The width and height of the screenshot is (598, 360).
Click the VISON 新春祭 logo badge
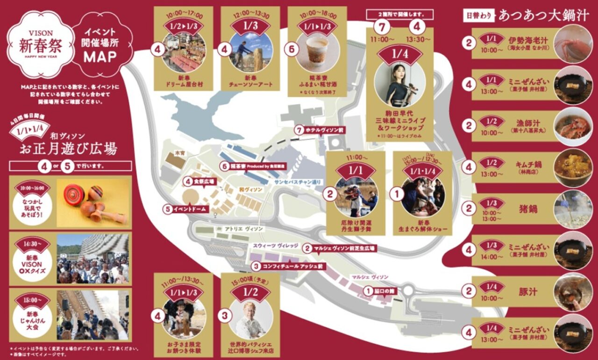coord(40,45)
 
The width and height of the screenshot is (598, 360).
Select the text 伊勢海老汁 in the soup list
coord(528,41)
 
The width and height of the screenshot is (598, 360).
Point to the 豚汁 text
coord(528,292)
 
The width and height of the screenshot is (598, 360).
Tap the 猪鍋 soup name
coord(528,207)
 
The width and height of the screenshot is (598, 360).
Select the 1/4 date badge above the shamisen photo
coord(399,54)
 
